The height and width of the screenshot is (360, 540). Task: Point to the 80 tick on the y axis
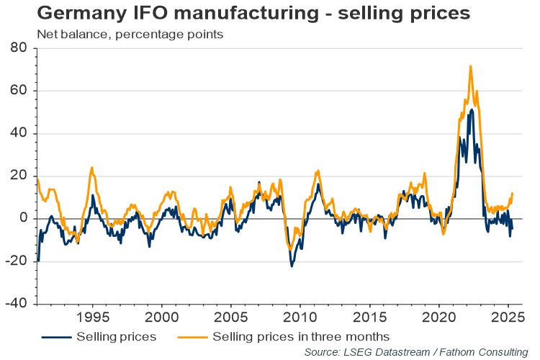(x=19, y=48)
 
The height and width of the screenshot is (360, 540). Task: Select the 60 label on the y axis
(x=19, y=91)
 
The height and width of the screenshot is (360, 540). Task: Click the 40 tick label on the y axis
(x=19, y=133)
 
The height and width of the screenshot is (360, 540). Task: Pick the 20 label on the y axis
(x=19, y=176)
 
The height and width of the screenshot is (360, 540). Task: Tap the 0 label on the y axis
(x=23, y=218)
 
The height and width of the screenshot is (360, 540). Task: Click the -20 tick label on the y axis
(x=17, y=261)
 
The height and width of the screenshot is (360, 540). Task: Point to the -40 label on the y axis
(x=17, y=303)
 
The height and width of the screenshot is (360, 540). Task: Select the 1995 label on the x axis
(x=92, y=318)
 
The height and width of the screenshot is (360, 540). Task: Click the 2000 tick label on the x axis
(x=161, y=318)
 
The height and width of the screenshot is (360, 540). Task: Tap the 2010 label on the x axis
(x=300, y=318)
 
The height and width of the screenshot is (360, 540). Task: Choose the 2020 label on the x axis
(x=439, y=318)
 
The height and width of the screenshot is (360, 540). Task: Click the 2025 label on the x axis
(x=508, y=318)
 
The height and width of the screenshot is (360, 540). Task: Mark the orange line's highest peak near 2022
(x=470, y=66)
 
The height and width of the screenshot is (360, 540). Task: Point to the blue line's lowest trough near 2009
(x=292, y=266)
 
